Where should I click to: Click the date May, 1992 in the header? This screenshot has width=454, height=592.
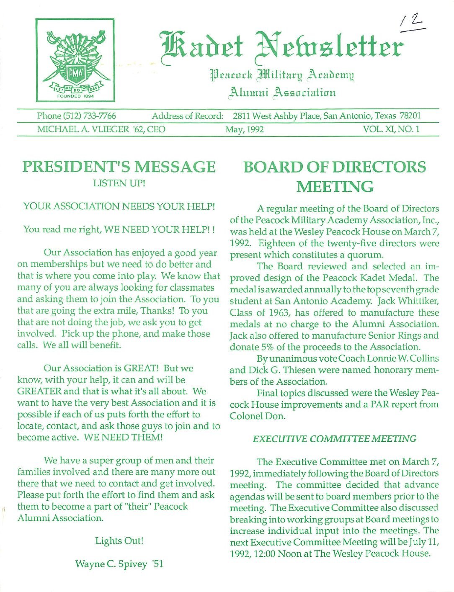[x=245, y=129]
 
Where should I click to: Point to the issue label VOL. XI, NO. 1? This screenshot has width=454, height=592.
[x=391, y=129]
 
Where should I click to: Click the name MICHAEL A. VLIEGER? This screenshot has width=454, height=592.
[x=82, y=129]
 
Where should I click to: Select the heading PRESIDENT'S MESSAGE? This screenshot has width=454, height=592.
[x=119, y=167]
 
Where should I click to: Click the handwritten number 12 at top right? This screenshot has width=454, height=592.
[x=412, y=23]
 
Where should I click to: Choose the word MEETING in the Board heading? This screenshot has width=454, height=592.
[x=335, y=186]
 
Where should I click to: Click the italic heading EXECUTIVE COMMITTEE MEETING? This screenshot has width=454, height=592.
[x=335, y=439]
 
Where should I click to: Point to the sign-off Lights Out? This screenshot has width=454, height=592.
[x=119, y=541]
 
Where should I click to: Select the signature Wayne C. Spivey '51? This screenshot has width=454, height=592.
[x=119, y=564]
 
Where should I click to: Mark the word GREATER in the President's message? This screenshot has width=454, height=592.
[x=39, y=391]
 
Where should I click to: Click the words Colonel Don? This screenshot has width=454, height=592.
[x=257, y=416]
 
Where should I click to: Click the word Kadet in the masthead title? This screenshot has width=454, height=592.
[x=201, y=46]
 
